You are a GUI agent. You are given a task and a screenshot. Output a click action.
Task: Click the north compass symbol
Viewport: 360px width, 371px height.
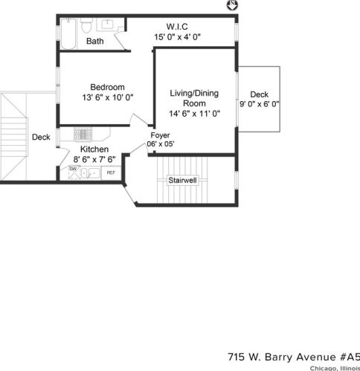pyautogui.click(x=231, y=6)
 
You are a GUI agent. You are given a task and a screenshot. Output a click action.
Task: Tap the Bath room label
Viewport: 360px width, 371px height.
pyautogui.click(x=94, y=42)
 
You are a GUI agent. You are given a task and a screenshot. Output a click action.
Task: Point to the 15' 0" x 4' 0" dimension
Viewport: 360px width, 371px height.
pyautogui.click(x=178, y=36)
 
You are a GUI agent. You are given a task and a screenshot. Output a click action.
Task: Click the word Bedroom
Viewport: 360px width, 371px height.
pyautogui.click(x=108, y=86)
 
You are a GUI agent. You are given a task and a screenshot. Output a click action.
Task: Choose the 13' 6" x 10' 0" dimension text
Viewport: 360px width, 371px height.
pyautogui.click(x=108, y=97)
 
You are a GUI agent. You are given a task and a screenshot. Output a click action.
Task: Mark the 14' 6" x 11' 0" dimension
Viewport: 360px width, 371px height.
pyautogui.click(x=191, y=114)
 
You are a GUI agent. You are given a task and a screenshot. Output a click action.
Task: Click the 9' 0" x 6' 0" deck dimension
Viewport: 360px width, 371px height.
pyautogui.click(x=260, y=105)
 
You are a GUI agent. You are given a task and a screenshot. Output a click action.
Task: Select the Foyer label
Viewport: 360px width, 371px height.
pyautogui.click(x=160, y=135)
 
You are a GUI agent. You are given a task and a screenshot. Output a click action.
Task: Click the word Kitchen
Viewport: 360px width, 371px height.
pyautogui.click(x=94, y=149)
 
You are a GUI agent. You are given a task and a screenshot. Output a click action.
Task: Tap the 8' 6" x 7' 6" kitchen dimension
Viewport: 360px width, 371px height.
pyautogui.click(x=94, y=159)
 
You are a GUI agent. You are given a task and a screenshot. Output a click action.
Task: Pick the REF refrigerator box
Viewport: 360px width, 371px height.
pyautogui.click(x=111, y=172)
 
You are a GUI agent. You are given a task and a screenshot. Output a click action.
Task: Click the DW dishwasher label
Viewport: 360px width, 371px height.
pyautogui.click(x=73, y=170)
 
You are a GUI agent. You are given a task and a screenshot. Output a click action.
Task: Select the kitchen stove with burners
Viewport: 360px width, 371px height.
pyautogui.click(x=83, y=135)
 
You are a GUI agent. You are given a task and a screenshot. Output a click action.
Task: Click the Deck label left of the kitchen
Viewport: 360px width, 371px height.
pyautogui.click(x=41, y=137)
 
